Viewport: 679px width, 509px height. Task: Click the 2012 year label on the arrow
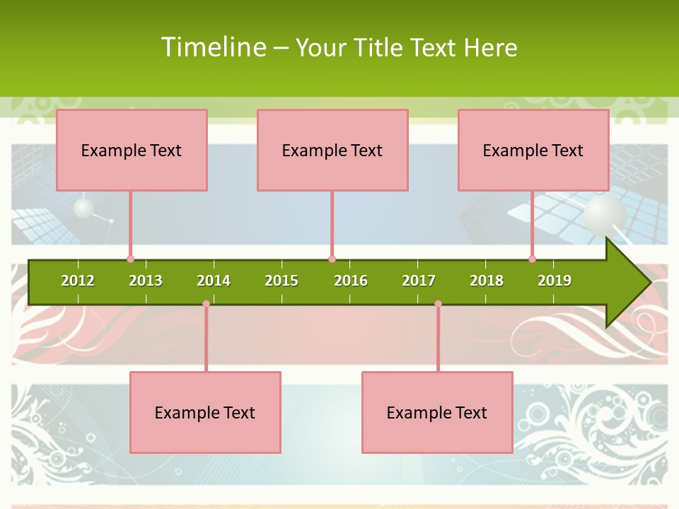[x=78, y=281]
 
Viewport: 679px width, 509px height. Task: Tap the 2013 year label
[x=146, y=281]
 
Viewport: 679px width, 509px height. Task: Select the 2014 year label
[x=214, y=281]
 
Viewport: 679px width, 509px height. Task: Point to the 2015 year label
[x=282, y=281]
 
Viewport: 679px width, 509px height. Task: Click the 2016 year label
[x=351, y=281]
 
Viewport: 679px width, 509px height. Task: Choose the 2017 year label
[x=419, y=281]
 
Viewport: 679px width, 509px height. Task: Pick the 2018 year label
[x=487, y=281]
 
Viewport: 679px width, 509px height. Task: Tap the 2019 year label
[x=555, y=281]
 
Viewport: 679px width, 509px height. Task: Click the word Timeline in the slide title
[x=213, y=47]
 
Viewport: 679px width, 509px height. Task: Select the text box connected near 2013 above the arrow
[x=132, y=150]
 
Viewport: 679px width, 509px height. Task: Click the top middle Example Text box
[x=332, y=150]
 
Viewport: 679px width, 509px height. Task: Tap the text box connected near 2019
[x=533, y=150]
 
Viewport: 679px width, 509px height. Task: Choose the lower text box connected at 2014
[x=205, y=412]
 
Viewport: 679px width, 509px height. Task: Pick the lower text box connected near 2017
[x=437, y=412]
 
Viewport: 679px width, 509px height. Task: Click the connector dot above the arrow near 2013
[x=130, y=259]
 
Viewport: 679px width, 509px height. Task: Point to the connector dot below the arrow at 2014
[x=206, y=304]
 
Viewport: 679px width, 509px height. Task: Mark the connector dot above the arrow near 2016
[x=332, y=259]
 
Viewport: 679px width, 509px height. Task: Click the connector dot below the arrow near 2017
[x=438, y=304]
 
